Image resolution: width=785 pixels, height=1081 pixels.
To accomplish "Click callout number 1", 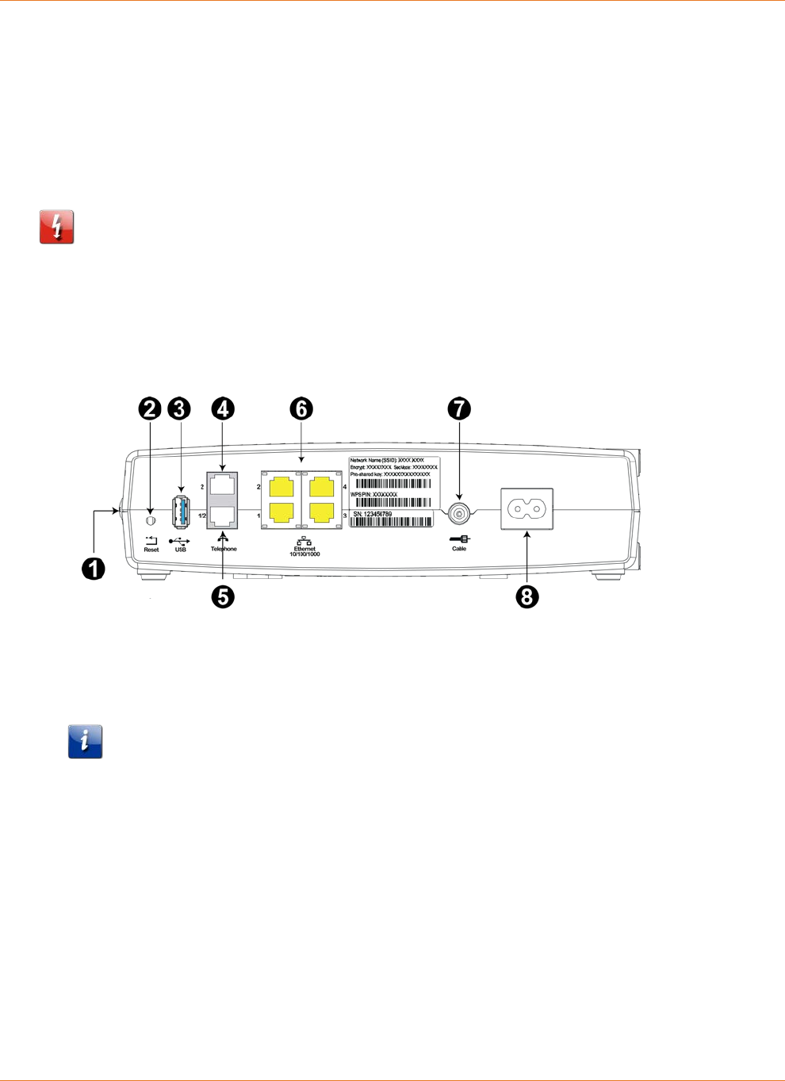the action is tap(94, 569).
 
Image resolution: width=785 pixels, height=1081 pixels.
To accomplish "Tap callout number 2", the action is tap(150, 409).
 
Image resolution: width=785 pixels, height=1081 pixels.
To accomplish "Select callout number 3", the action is tap(180, 409).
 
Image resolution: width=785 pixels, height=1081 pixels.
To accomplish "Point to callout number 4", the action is tap(223, 409).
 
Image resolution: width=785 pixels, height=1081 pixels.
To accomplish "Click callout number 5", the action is tap(223, 596).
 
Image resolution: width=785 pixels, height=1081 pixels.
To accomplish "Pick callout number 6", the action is tap(301, 409).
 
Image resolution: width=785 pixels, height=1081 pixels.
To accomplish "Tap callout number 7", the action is tap(459, 409).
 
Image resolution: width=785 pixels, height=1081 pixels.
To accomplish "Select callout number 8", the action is tap(527, 596).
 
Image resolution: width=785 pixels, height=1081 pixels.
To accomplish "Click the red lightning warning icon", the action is tap(57, 227).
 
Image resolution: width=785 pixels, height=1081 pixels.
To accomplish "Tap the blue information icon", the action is tap(85, 742).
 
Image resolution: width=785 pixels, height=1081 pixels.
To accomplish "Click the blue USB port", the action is tap(181, 512).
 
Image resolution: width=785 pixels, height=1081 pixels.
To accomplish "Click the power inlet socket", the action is tap(527, 508).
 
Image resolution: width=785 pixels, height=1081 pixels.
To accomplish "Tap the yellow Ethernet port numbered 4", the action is tap(321, 486).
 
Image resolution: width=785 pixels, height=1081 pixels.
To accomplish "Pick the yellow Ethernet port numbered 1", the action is tap(281, 512).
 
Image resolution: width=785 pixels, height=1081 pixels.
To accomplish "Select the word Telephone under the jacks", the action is tap(224, 549).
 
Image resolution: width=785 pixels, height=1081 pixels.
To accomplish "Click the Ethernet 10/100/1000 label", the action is tap(304, 551).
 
